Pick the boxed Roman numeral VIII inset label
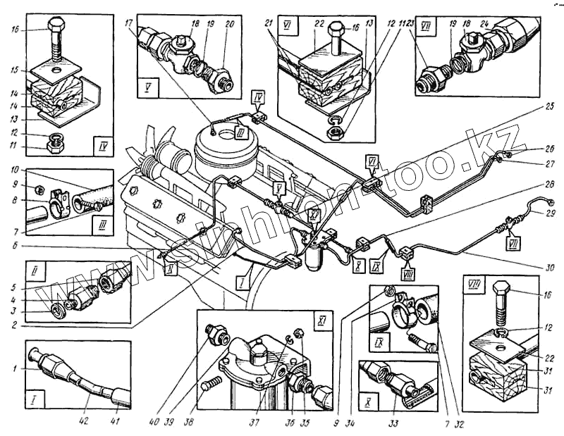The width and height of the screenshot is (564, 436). [474, 284]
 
